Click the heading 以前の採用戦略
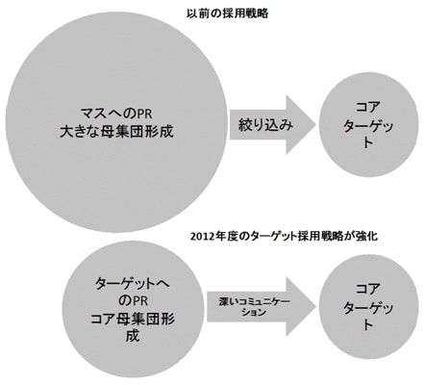pyautogui.click(x=227, y=14)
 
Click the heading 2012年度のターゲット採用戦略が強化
pyautogui.click(x=284, y=236)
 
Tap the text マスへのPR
pyautogui.click(x=116, y=114)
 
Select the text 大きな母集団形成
pyautogui.click(x=116, y=132)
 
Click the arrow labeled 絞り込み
pyautogui.click(x=273, y=124)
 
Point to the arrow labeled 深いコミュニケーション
pyautogui.click(x=262, y=307)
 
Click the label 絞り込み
pyautogui.click(x=265, y=125)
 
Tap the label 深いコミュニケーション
pyautogui.click(x=254, y=307)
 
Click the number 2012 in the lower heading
pyautogui.click(x=200, y=237)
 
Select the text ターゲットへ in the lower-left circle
pyautogui.click(x=133, y=284)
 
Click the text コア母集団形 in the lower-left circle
pyautogui.click(x=133, y=320)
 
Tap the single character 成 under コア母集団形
pyautogui.click(x=133, y=337)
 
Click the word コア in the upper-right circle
pyautogui.click(x=368, y=107)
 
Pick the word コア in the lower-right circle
pyautogui.click(x=368, y=289)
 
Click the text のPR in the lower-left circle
pyautogui.click(x=133, y=301)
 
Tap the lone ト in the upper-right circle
pyautogui.click(x=368, y=142)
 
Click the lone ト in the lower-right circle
pyautogui.click(x=368, y=325)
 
